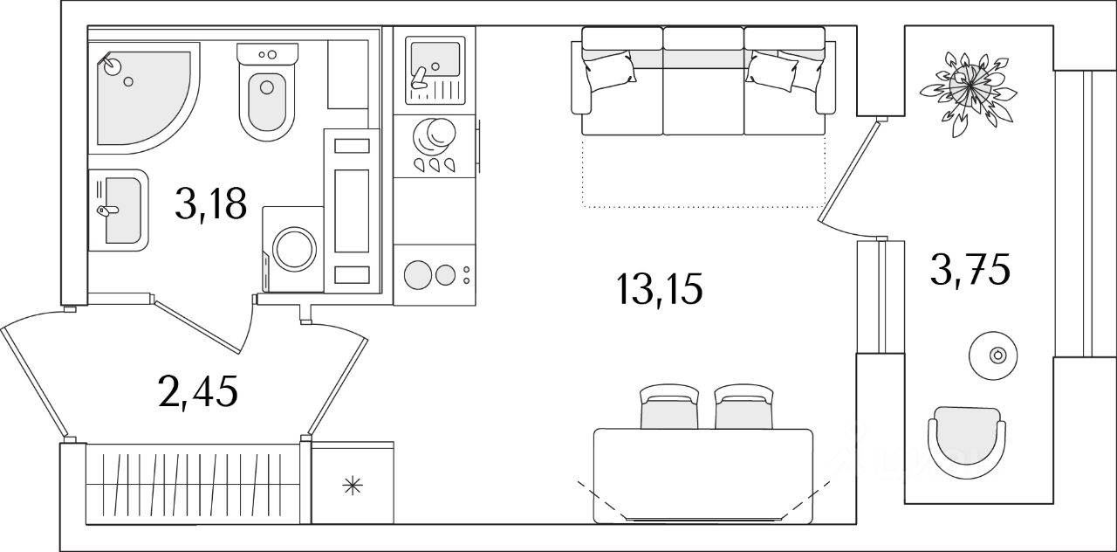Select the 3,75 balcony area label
tap(970, 272)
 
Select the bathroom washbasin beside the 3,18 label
tap(120, 210)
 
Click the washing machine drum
tap(298, 248)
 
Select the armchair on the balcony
tap(966, 440)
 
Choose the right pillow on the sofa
tap(773, 70)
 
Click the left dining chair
tap(669, 409)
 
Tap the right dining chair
tap(743, 409)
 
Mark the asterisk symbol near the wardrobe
tap(352, 486)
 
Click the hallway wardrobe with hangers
tap(192, 484)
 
